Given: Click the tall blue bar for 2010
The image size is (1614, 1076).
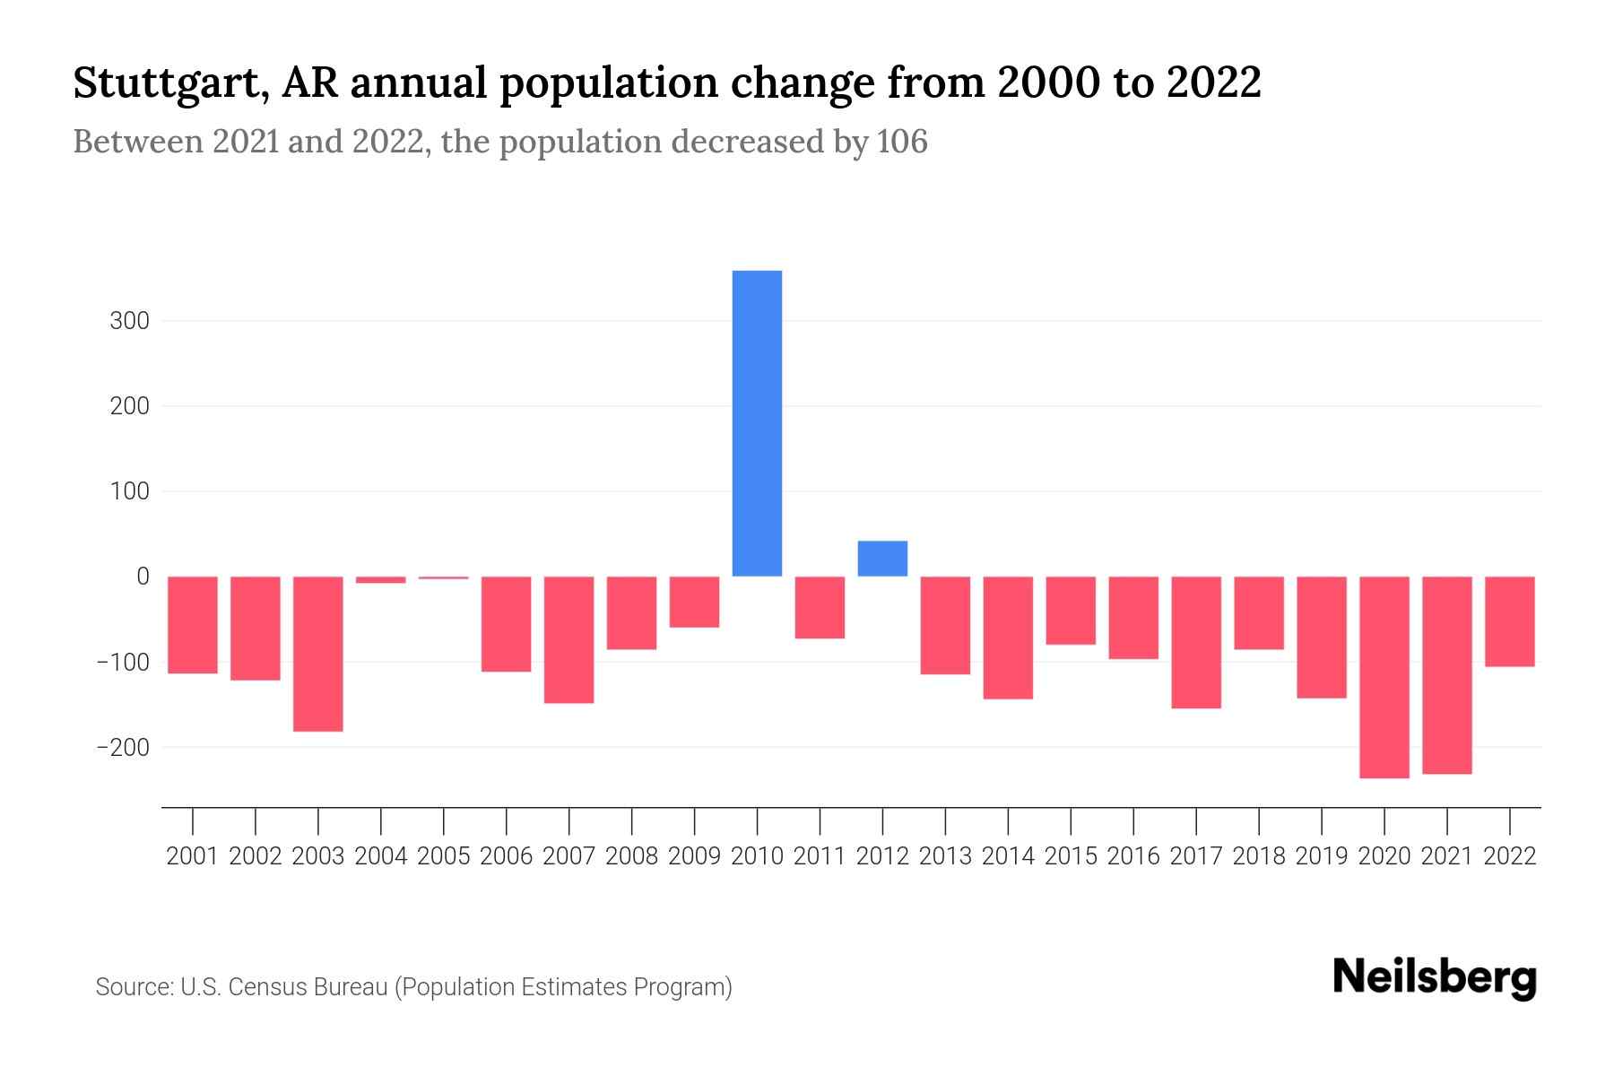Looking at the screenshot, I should tap(757, 423).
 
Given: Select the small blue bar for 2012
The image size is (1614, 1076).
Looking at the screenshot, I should tap(882, 559).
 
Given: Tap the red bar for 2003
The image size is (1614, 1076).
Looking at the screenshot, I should tap(318, 654).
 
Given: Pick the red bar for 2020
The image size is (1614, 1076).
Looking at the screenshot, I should tap(1384, 677).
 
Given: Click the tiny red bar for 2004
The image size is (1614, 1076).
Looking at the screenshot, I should tap(381, 580).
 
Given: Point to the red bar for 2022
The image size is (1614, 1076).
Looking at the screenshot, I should tap(1509, 621).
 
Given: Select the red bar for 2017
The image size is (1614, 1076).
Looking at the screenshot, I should tap(1195, 642).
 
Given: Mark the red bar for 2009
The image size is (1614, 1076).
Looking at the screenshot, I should tap(694, 602).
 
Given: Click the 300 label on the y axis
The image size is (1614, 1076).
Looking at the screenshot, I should tap(129, 321).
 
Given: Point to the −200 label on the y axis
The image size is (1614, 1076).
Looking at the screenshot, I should tap(124, 747).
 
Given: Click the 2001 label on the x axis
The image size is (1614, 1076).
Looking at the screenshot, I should tap(193, 856).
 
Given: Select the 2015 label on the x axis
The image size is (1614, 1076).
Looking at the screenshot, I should tap(1071, 856).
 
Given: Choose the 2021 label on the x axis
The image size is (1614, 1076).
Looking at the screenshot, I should tap(1446, 856).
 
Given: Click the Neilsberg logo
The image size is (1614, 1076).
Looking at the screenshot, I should tap(1435, 977).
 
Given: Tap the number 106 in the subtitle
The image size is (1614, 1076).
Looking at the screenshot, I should tap(902, 142).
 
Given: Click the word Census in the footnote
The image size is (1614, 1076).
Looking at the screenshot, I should tap(261, 987).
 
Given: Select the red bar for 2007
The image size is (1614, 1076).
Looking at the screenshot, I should tap(568, 639).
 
